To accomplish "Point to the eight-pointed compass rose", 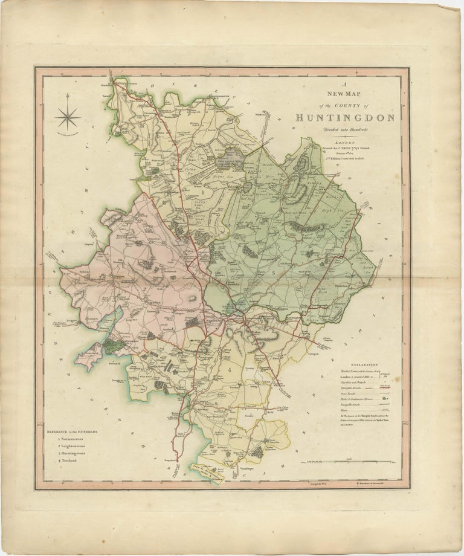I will tap(68, 117).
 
